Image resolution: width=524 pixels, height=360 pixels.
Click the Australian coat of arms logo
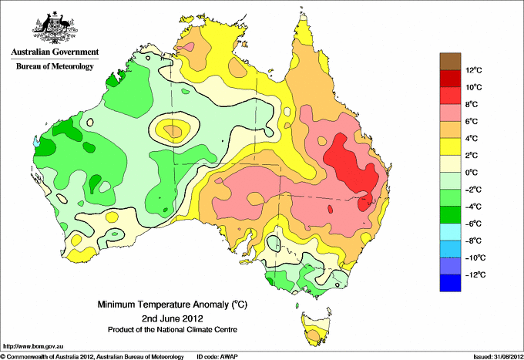(x=55, y=28)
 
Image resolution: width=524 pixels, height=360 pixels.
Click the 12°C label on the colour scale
(x=474, y=70)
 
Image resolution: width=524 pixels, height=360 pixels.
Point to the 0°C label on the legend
(x=472, y=173)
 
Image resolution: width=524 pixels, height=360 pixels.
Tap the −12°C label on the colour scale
(x=475, y=274)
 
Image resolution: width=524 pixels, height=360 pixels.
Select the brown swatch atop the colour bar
(x=450, y=61)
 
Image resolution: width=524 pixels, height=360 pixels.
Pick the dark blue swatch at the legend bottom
(x=450, y=283)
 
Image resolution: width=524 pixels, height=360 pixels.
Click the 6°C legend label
(x=472, y=121)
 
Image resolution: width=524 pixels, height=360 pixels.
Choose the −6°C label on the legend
(x=474, y=224)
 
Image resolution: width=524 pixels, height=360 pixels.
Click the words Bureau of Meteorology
(x=55, y=66)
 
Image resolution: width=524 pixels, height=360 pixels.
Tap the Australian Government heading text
(x=55, y=52)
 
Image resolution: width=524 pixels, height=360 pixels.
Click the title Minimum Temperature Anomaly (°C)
(x=172, y=304)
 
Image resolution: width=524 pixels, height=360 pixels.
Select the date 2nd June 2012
(x=172, y=318)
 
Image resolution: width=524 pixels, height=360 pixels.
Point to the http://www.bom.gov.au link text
(x=32, y=347)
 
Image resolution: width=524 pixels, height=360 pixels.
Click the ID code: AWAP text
(x=217, y=357)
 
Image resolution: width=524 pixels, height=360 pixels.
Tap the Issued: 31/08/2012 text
(x=499, y=357)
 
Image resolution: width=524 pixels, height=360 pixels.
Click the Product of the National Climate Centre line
(x=173, y=330)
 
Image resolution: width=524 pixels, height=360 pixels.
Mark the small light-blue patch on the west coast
(x=36, y=143)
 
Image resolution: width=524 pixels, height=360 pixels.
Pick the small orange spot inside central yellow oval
(x=173, y=130)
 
